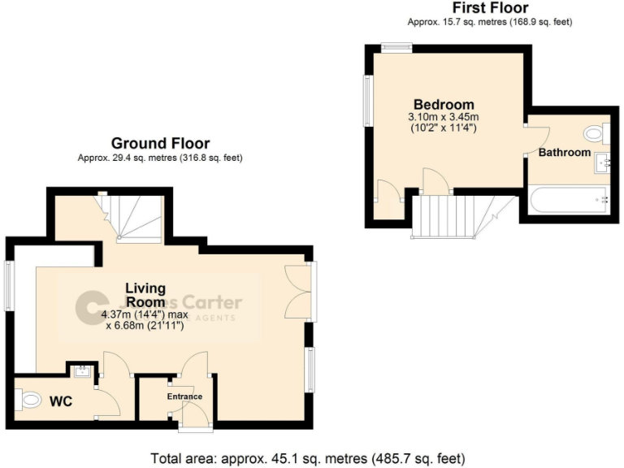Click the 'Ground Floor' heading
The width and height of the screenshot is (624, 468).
click(160, 144)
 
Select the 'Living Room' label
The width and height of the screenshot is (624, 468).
click(145, 294)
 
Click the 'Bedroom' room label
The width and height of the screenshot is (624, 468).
click(444, 105)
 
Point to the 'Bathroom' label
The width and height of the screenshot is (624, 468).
click(565, 152)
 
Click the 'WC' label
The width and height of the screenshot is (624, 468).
click(61, 401)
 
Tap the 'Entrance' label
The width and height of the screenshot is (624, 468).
click(184, 396)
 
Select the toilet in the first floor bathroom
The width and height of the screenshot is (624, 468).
click(595, 133)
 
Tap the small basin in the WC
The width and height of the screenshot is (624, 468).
click(82, 372)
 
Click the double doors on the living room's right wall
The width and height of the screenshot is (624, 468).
click(301, 290)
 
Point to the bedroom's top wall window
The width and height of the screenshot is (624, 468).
click(396, 47)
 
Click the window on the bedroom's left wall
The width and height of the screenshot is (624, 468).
click(368, 101)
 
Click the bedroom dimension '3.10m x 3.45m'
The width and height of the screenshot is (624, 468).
click(444, 117)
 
